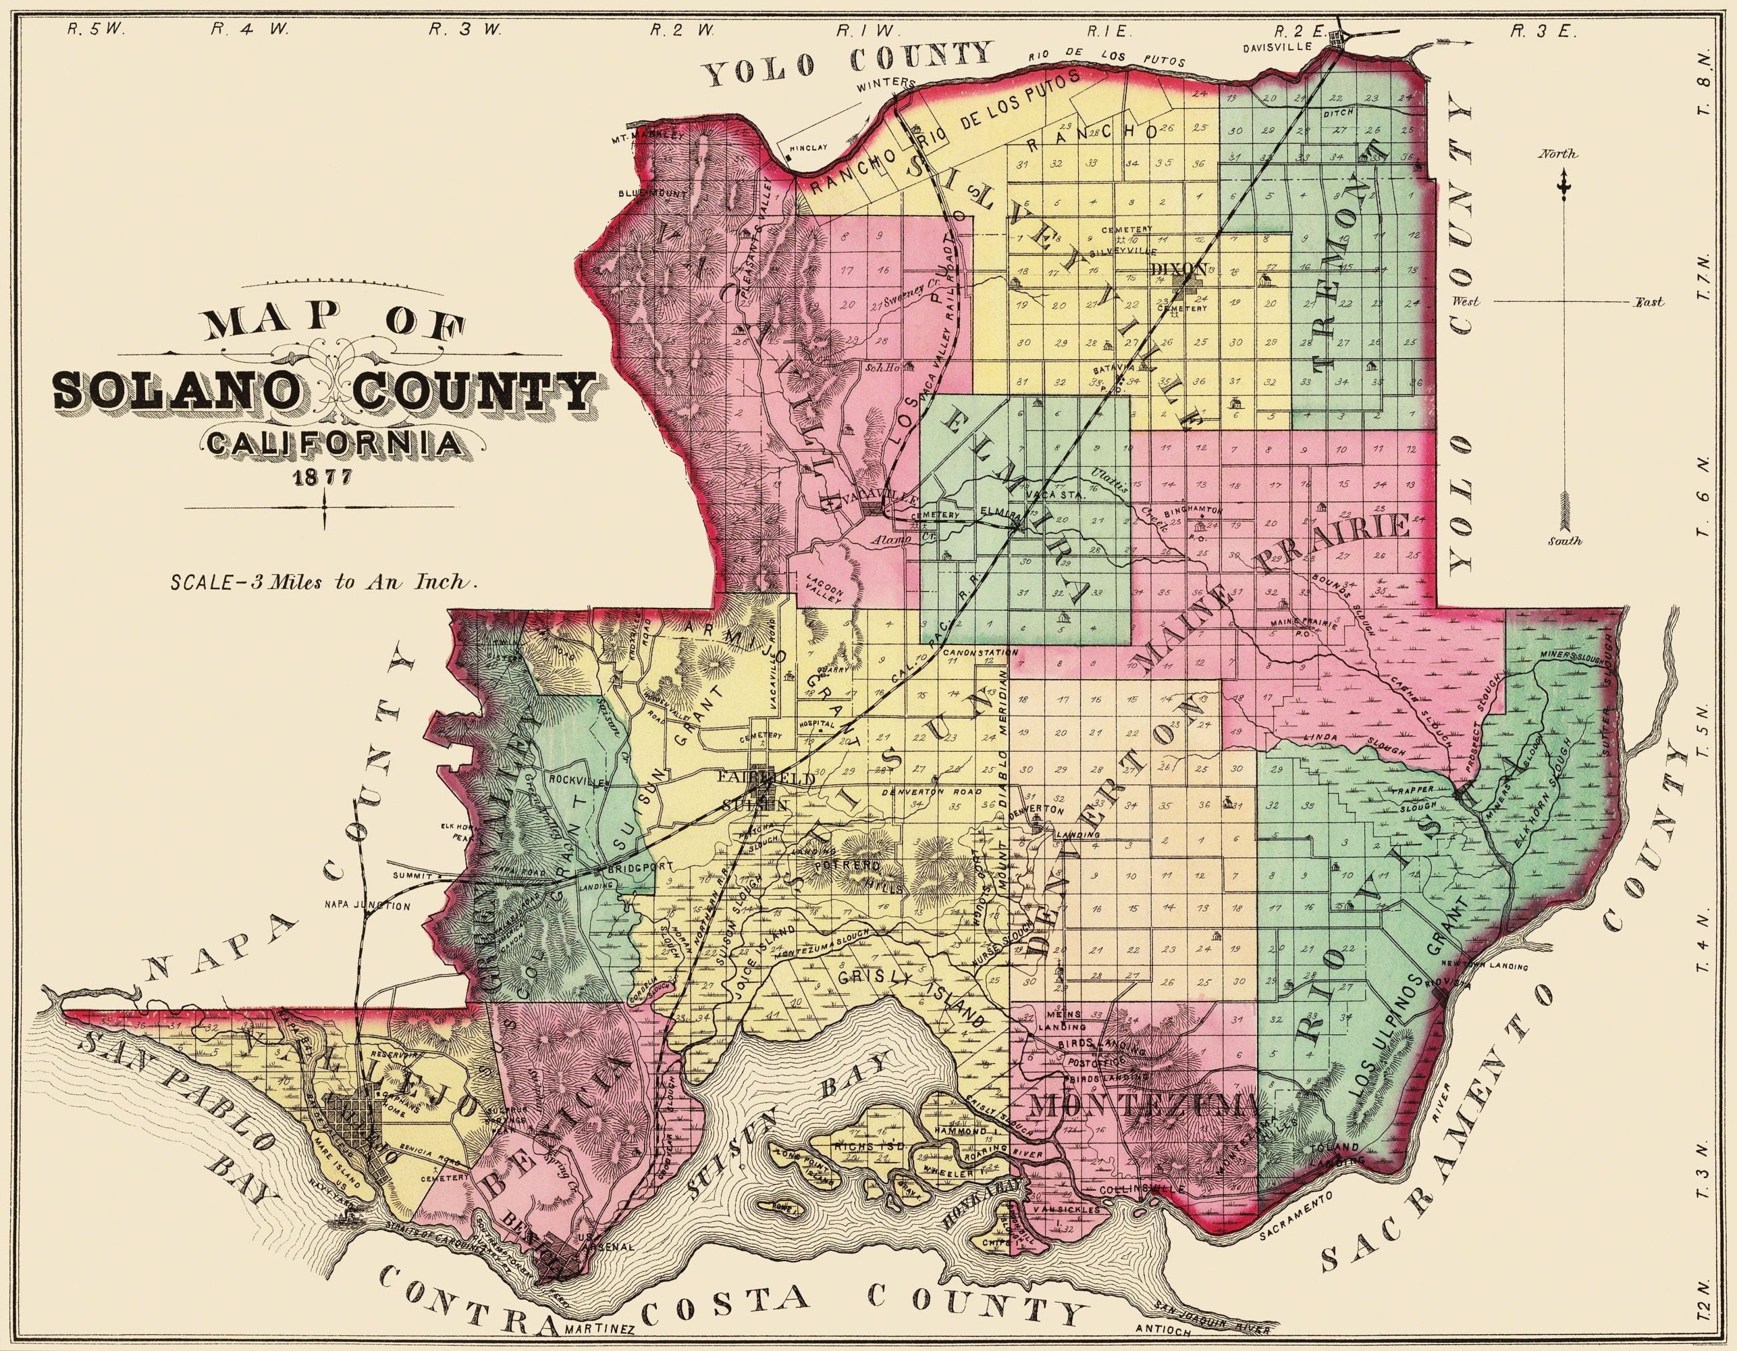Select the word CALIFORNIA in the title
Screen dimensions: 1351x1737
coord(335,442)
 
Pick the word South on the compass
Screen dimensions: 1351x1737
coord(1564,541)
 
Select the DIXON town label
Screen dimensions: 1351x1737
coord(1179,269)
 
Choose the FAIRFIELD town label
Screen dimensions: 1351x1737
coord(766,778)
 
